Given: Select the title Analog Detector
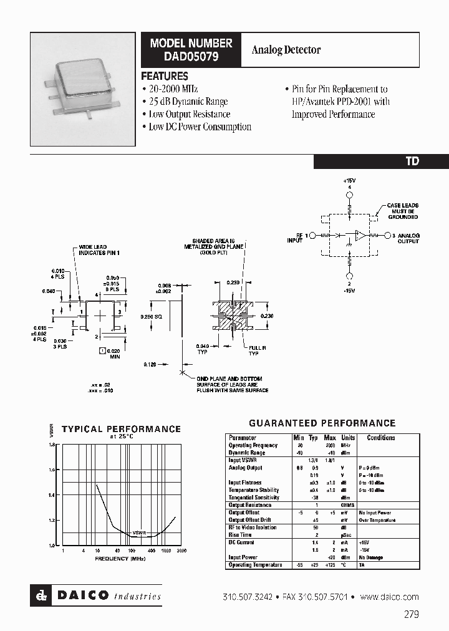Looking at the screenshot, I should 286,49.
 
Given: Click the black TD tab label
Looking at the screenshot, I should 412,161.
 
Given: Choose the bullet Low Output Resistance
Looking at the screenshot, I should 189,114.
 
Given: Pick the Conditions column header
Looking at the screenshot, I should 380,438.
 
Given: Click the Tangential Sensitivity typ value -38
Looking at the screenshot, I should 316,498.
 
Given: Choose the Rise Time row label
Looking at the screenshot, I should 240,535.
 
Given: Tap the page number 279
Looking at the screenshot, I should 411,614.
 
